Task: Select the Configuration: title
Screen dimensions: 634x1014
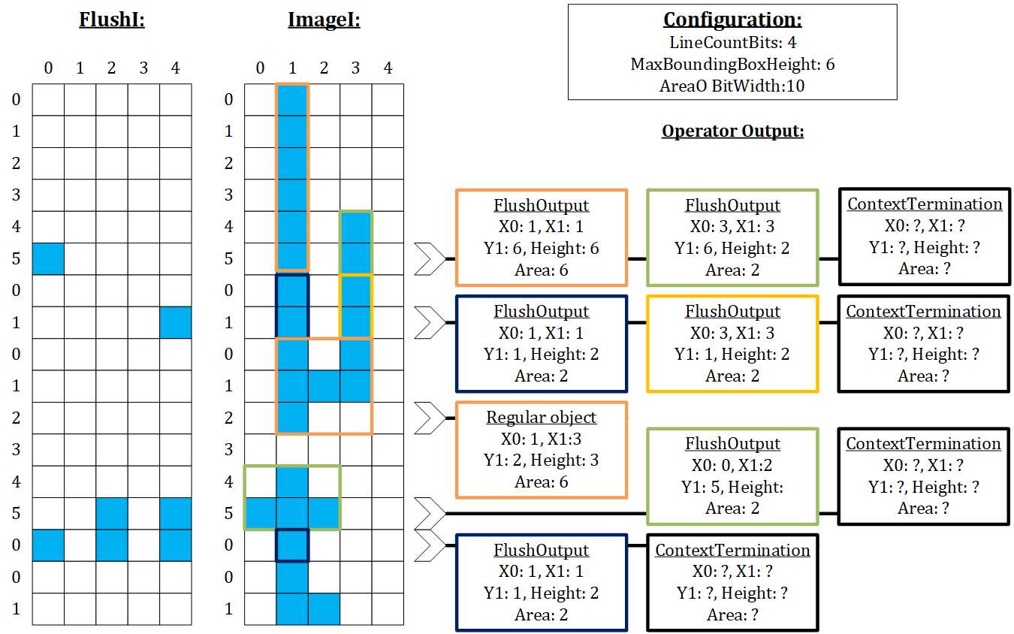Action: tap(732, 20)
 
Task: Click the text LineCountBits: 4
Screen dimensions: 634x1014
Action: tap(732, 43)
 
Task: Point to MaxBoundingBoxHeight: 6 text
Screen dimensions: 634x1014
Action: tap(732, 65)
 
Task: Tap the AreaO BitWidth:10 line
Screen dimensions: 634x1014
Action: tap(732, 86)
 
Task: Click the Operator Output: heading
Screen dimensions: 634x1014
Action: tap(732, 131)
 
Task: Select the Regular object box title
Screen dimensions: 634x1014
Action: tap(542, 418)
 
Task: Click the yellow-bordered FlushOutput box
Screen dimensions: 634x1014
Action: tap(732, 343)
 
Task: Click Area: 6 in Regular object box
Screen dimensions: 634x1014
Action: tap(542, 482)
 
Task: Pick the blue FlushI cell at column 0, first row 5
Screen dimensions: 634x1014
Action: tap(48, 258)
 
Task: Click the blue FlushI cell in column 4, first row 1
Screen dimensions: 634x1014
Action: tap(175, 322)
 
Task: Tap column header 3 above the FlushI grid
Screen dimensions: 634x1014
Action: tap(143, 69)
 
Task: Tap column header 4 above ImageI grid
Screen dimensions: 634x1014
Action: tap(388, 69)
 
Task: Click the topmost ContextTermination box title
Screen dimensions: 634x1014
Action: tap(925, 204)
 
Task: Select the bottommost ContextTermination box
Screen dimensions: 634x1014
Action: tap(732, 582)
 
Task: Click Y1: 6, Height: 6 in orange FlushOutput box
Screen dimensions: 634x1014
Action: tap(542, 248)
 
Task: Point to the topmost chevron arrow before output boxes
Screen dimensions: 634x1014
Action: tap(430, 258)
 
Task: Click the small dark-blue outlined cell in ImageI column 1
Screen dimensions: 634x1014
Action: tap(292, 545)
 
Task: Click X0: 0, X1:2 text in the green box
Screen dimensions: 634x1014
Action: tap(732, 465)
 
